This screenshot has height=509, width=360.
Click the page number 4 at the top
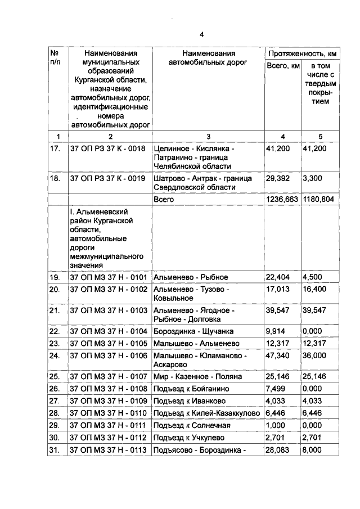click(x=179, y=32)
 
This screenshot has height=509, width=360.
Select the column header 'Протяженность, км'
click(x=303, y=53)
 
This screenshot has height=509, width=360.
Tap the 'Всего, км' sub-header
click(x=282, y=67)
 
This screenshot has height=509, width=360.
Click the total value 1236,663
click(x=282, y=199)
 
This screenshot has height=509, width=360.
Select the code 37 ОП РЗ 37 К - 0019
click(x=107, y=178)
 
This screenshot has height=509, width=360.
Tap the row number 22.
click(x=55, y=331)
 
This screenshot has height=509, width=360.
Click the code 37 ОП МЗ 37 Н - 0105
click(x=107, y=343)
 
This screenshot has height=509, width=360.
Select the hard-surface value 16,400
click(x=315, y=289)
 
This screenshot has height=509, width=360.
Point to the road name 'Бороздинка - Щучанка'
click(x=193, y=331)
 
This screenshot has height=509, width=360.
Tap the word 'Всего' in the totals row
click(x=164, y=199)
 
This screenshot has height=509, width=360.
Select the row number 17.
click(x=55, y=148)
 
